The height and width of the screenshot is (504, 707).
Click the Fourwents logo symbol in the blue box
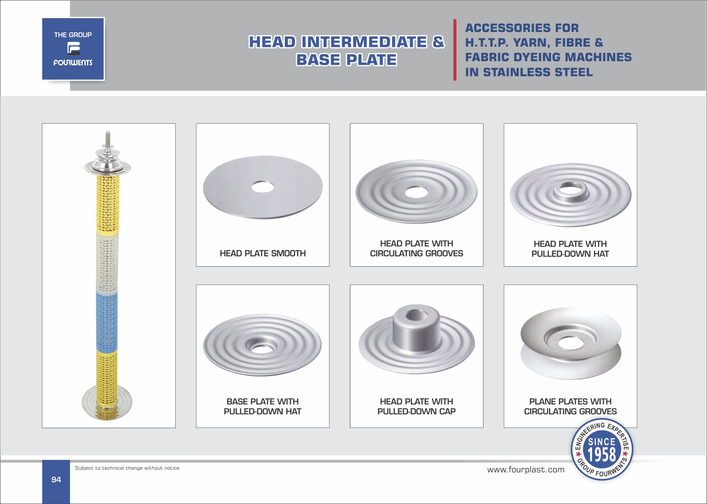[x=73, y=49]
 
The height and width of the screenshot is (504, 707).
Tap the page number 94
[x=56, y=480]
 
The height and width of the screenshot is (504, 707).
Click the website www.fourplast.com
[x=526, y=470]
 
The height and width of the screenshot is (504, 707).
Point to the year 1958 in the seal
[x=602, y=455]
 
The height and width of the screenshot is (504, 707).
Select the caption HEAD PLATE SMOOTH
[x=263, y=254]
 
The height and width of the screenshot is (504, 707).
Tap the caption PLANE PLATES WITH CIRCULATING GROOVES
[x=570, y=406]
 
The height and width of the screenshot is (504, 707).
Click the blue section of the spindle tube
[x=107, y=322]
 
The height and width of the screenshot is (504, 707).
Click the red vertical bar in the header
[x=455, y=50]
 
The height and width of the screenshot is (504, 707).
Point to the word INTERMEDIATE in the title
[x=364, y=42]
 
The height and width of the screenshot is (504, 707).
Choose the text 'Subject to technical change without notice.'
[x=128, y=468]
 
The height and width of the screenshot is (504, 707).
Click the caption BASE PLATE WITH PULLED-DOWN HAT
[x=263, y=406]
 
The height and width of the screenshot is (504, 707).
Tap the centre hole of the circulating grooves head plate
[x=416, y=192]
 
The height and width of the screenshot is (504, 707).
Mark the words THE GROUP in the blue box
[x=73, y=35]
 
